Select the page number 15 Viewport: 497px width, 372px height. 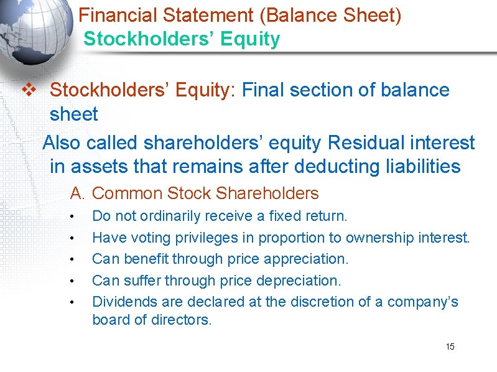pos(450,346)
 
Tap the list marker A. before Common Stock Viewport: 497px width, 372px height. pos(77,193)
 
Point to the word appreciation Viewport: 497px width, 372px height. pos(309,259)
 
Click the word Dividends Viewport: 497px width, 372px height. pos(119,302)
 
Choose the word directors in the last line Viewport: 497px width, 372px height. pos(182,320)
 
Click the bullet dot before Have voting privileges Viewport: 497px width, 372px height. pos(73,238)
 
